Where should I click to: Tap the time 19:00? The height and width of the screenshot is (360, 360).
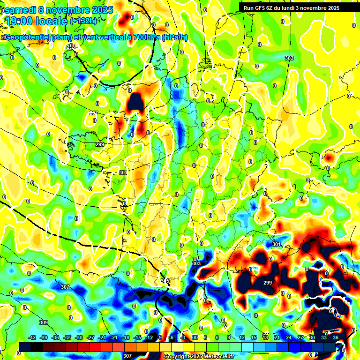click(x=21, y=21)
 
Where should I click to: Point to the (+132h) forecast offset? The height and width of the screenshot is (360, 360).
click(x=83, y=21)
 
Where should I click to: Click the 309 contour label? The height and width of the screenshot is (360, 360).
click(x=44, y=322)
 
